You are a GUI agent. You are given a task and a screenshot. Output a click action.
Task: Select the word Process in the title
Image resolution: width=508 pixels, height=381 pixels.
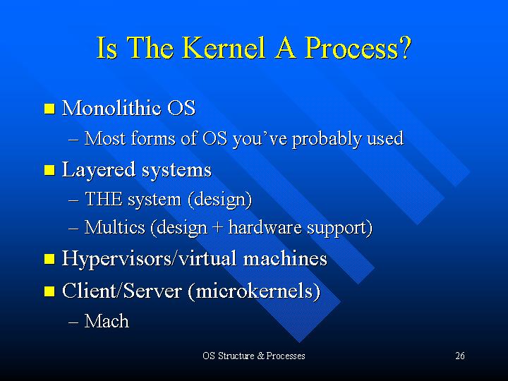coord(351,48)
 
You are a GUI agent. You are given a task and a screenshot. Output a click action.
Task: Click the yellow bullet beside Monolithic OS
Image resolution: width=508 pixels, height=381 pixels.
coord(49,109)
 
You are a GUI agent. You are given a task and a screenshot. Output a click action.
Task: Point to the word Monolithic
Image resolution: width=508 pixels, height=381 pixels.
coord(111,108)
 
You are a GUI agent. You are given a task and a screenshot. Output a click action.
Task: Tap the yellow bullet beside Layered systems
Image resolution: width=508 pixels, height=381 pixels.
coord(49,170)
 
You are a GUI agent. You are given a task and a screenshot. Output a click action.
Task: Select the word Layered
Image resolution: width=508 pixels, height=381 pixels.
coord(99,170)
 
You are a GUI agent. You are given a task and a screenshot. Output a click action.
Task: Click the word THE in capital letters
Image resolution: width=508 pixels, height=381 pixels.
coord(104,199)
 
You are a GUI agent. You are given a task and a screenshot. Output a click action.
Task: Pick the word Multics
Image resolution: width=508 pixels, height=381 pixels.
coord(115,227)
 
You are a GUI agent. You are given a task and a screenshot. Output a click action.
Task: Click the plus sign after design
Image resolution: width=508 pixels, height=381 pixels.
coord(217,228)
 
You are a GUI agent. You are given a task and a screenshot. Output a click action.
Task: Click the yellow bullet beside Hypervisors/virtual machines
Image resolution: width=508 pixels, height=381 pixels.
coord(49,259)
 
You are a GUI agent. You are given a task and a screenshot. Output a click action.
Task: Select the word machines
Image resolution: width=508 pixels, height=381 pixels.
coord(285,258)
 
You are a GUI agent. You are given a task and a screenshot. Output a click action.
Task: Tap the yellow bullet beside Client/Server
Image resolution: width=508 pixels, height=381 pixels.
coord(49,291)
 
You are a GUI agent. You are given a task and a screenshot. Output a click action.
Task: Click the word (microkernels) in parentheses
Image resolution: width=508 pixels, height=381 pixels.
coord(254,291)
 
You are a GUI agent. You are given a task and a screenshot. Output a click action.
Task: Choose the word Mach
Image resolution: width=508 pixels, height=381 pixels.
coord(107,321)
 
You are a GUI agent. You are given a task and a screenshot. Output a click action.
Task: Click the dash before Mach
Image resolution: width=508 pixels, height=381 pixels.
coord(73,322)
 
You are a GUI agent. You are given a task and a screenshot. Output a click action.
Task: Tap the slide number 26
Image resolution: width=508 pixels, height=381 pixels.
coord(460,356)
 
